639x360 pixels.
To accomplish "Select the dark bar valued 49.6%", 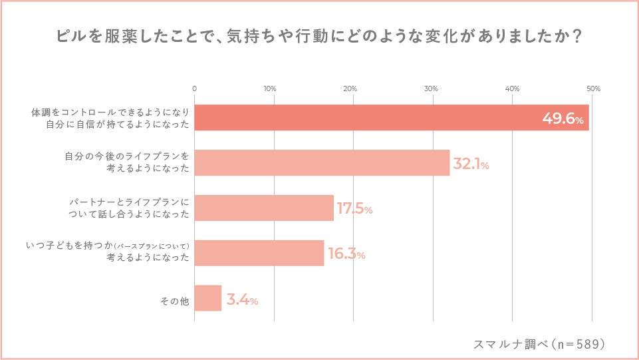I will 391,117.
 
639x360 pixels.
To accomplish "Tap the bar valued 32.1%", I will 322,162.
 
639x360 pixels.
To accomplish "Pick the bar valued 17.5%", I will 264,208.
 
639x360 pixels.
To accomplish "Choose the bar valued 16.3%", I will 259,253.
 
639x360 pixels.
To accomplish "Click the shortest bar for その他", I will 208,298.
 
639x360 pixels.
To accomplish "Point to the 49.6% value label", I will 563,120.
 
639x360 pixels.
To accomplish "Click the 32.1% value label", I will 471,164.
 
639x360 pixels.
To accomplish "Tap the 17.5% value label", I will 354,209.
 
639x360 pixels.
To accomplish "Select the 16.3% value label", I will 346,254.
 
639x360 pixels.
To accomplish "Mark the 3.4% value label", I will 242,300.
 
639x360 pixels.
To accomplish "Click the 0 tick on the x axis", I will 194,89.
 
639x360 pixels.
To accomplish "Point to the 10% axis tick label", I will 270,89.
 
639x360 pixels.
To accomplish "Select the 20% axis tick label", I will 350,89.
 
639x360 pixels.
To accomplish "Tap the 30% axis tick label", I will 431,89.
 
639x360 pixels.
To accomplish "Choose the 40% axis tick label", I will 512,89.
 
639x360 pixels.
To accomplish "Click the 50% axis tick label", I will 593,89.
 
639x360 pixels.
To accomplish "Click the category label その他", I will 175,301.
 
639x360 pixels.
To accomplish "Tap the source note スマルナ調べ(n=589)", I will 539,344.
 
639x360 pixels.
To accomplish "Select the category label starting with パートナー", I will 130,208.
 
